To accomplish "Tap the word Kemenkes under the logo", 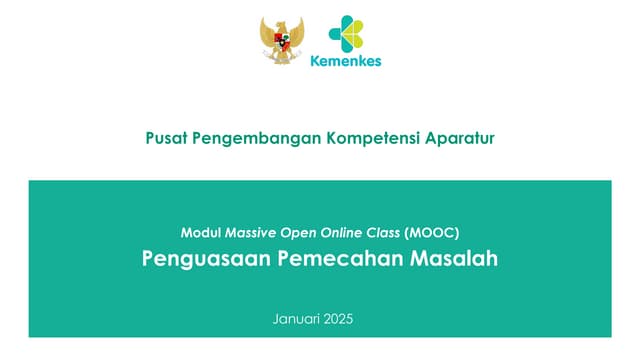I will (345, 60).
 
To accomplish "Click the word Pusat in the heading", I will (167, 138).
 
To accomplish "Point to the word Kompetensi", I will (371, 138).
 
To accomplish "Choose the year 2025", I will (339, 320).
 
